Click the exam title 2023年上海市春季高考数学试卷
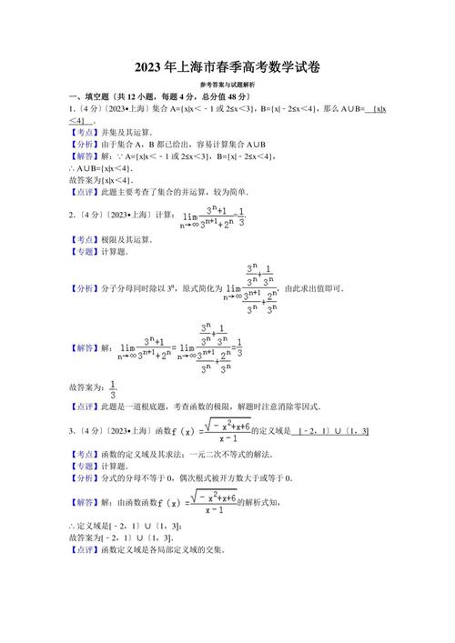227,67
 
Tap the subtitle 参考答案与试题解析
227,84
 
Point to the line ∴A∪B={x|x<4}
101,168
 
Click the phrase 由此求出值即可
315,288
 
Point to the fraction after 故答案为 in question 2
113,389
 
